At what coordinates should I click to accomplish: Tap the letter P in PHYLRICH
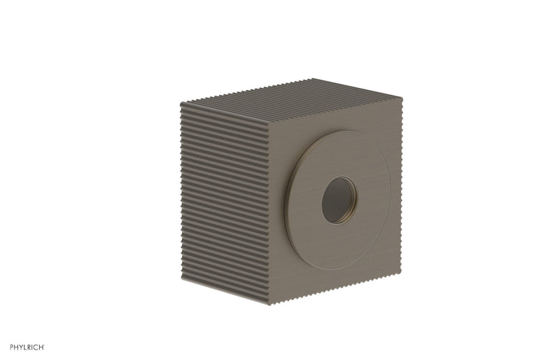[12, 347]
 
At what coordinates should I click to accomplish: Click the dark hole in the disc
[338, 200]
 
